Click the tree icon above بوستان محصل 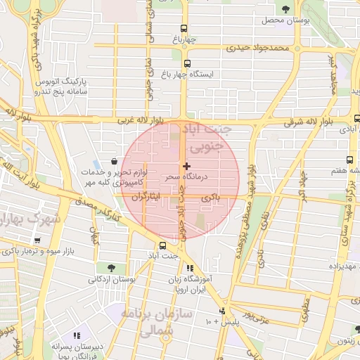285,9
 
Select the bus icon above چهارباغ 184,29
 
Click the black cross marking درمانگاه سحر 186,166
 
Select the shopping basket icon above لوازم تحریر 114,162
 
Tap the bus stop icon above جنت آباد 163,245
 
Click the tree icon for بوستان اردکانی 111,268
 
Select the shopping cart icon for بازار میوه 37,240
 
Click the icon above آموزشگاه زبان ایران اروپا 189,268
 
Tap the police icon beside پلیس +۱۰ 223,310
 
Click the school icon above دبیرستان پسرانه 76,336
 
